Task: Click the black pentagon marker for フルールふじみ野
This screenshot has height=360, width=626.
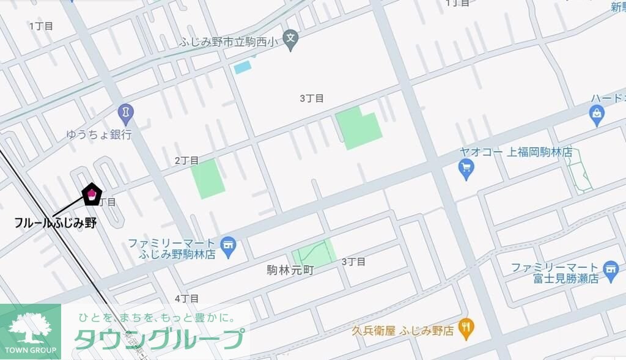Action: click(x=92, y=194)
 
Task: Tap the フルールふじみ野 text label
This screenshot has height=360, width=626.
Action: click(x=56, y=222)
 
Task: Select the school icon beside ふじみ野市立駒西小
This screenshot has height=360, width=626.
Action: click(x=292, y=37)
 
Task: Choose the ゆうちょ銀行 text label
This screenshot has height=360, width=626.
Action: click(x=100, y=134)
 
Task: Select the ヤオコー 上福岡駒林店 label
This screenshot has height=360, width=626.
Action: click(x=516, y=152)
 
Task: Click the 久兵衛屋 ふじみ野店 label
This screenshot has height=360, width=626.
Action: click(x=403, y=331)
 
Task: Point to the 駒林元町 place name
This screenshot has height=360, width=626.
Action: click(x=290, y=270)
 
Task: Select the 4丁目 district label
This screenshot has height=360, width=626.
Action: click(x=186, y=298)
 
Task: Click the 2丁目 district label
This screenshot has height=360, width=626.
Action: click(x=186, y=160)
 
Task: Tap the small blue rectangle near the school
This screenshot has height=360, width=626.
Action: click(x=243, y=67)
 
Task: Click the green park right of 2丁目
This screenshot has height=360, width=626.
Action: click(x=208, y=178)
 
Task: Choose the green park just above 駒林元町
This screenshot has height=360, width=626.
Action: click(x=314, y=252)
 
